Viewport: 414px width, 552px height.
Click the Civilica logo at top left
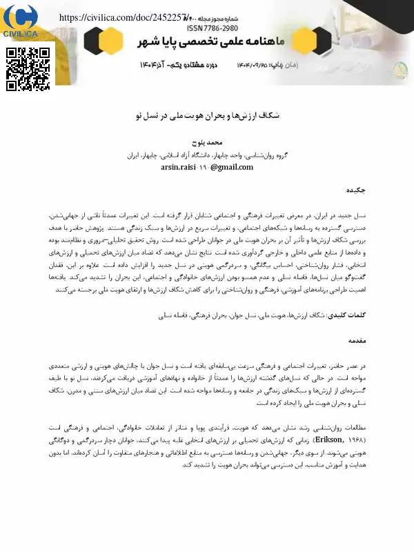pos(21,21)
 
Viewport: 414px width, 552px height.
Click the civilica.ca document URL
pos(123,17)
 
